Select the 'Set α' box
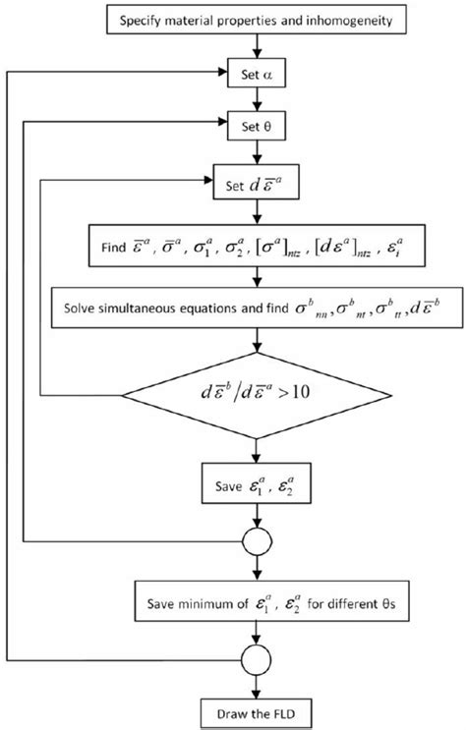(x=258, y=72)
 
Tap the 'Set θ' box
(x=258, y=125)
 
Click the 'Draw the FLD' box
(x=258, y=707)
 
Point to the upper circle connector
(x=258, y=539)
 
